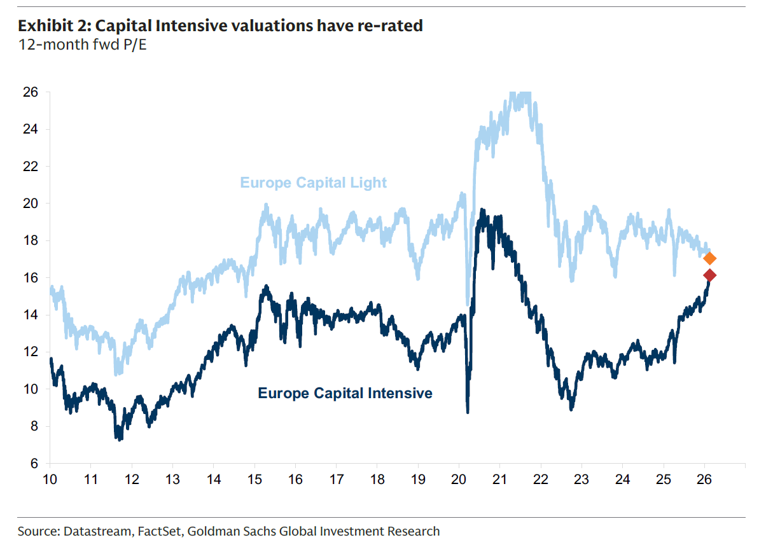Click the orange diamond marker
(x=710, y=258)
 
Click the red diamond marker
(x=710, y=275)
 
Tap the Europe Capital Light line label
(x=313, y=183)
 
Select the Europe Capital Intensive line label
(x=345, y=393)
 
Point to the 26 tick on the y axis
(x=32, y=92)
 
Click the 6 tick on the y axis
(x=35, y=463)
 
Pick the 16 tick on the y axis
(x=32, y=278)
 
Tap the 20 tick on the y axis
(x=32, y=204)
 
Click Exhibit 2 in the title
(x=53, y=26)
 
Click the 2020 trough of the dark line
(x=468, y=412)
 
